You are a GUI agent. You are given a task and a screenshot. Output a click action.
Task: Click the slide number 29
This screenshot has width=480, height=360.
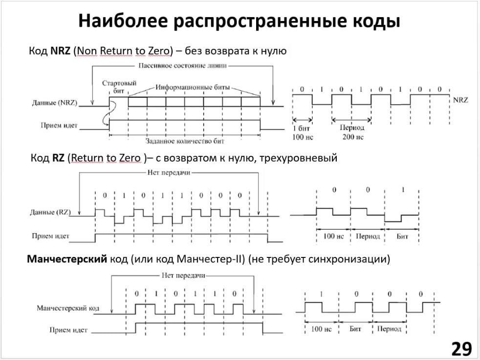point(461,349)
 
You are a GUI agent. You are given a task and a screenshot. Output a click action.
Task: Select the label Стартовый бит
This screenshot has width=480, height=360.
point(119,87)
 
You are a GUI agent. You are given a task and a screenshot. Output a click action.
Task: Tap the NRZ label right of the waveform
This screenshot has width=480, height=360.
point(460,100)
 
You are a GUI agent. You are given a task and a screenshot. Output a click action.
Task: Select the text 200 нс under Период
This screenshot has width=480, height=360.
point(352,137)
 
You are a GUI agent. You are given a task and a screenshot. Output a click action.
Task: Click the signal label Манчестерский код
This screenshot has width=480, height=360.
point(68,309)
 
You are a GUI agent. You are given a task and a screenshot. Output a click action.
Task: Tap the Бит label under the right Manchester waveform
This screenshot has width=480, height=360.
point(355,329)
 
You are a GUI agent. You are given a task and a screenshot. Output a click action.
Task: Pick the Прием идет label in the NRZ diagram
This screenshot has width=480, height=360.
point(59,126)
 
